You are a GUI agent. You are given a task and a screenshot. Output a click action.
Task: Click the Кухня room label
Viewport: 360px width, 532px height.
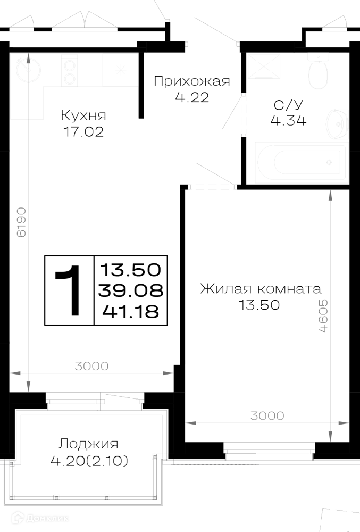tap(83, 115)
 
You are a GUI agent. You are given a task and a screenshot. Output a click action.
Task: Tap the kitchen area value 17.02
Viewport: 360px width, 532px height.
tap(83, 131)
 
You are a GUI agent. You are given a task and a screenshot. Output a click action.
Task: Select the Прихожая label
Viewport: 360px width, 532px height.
tap(192, 81)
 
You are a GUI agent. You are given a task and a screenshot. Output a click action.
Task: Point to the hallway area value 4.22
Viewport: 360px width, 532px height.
tap(192, 98)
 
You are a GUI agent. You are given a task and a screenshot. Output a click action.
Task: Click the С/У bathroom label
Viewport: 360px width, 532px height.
tap(288, 105)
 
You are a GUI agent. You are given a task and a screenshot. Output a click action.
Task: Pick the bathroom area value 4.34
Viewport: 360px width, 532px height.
tap(288, 120)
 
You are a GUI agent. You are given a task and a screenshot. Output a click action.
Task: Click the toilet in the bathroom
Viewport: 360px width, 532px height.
tap(319, 71)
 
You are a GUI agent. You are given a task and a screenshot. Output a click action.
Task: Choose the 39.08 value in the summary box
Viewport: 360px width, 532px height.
tap(131, 290)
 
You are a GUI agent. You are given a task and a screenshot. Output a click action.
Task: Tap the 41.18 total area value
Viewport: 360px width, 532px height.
tap(131, 311)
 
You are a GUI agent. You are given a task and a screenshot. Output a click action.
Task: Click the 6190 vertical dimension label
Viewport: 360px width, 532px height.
tap(21, 222)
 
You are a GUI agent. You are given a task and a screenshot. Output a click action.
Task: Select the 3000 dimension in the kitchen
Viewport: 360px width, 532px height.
tap(91, 366)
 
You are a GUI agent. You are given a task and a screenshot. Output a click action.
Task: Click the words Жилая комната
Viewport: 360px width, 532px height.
tap(261, 289)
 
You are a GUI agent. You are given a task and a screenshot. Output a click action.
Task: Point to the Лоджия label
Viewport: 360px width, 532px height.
tap(88, 444)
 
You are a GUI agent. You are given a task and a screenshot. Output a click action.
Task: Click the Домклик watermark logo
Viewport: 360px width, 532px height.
tap(40, 518)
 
